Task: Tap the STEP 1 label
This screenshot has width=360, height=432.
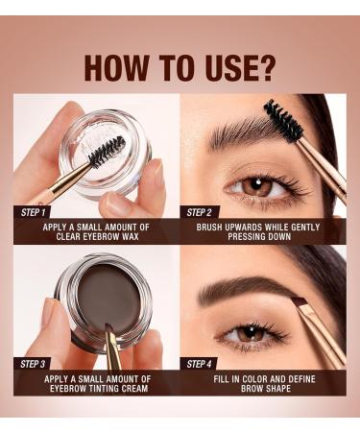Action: pos(35,212)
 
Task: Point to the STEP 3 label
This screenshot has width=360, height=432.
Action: pos(35,364)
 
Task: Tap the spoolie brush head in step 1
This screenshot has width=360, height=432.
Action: pos(106,150)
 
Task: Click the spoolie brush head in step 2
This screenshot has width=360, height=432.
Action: pos(285,122)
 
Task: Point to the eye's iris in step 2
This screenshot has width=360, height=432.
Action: pos(255,186)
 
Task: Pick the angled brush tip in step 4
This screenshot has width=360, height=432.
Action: pos(300,303)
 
